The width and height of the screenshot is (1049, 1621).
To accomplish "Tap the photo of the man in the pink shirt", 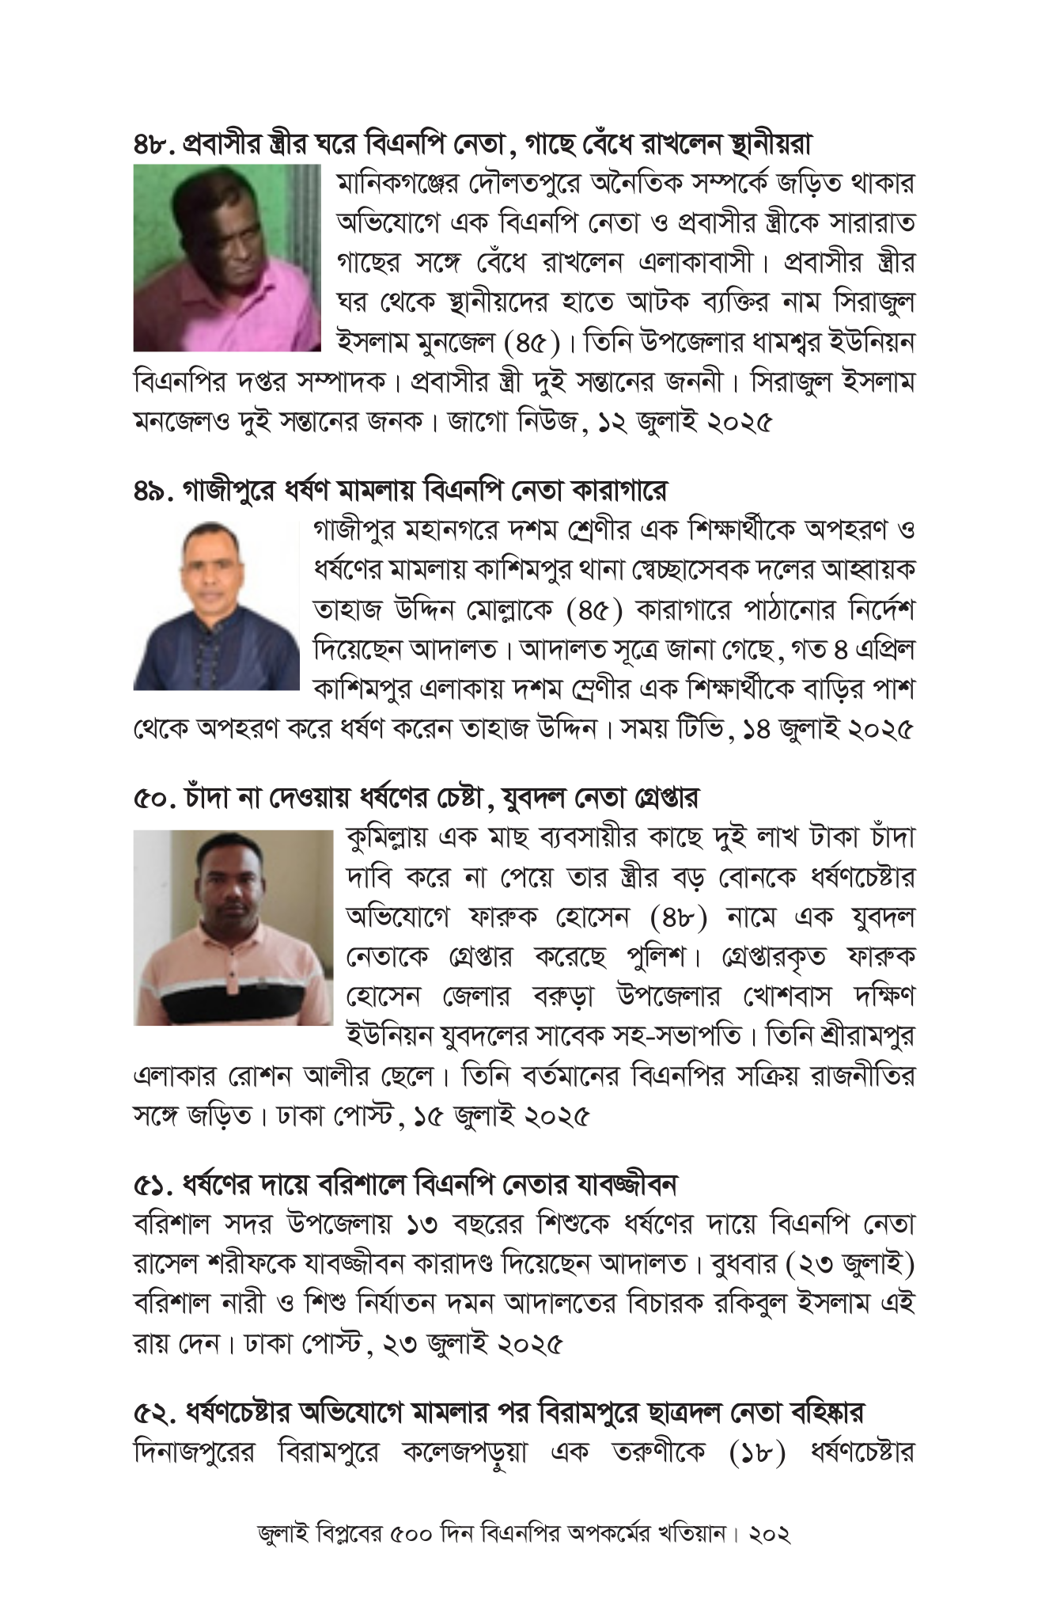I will pos(227,257).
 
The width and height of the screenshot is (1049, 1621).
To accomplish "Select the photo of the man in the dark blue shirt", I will pos(216,605).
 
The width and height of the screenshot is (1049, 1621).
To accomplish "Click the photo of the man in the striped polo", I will pos(233,927).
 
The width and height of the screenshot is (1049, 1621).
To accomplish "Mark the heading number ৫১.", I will pos(152,1184).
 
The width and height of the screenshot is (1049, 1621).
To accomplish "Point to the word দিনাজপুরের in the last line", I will pos(194,1453).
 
